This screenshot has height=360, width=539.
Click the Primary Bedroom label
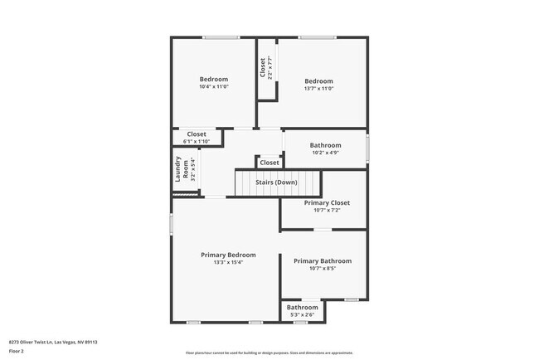point(228,255)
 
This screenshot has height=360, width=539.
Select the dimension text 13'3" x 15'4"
point(228,263)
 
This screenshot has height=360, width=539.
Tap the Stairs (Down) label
point(277,182)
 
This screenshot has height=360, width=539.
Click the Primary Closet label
point(327,202)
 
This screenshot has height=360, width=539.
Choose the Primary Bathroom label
point(323,260)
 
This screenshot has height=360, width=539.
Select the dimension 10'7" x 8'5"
point(323,269)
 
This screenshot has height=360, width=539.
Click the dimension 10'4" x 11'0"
point(213,87)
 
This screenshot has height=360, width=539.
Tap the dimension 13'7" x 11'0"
point(318,89)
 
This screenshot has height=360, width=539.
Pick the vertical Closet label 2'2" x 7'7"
point(265,66)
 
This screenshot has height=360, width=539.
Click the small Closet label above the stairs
point(269,163)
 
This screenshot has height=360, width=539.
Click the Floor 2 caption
point(17,350)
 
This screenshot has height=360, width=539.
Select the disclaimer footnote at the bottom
point(269,353)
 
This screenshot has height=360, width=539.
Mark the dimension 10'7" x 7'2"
point(327,211)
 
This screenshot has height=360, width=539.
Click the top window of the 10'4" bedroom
point(221,36)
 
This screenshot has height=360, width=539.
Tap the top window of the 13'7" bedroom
point(312,36)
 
